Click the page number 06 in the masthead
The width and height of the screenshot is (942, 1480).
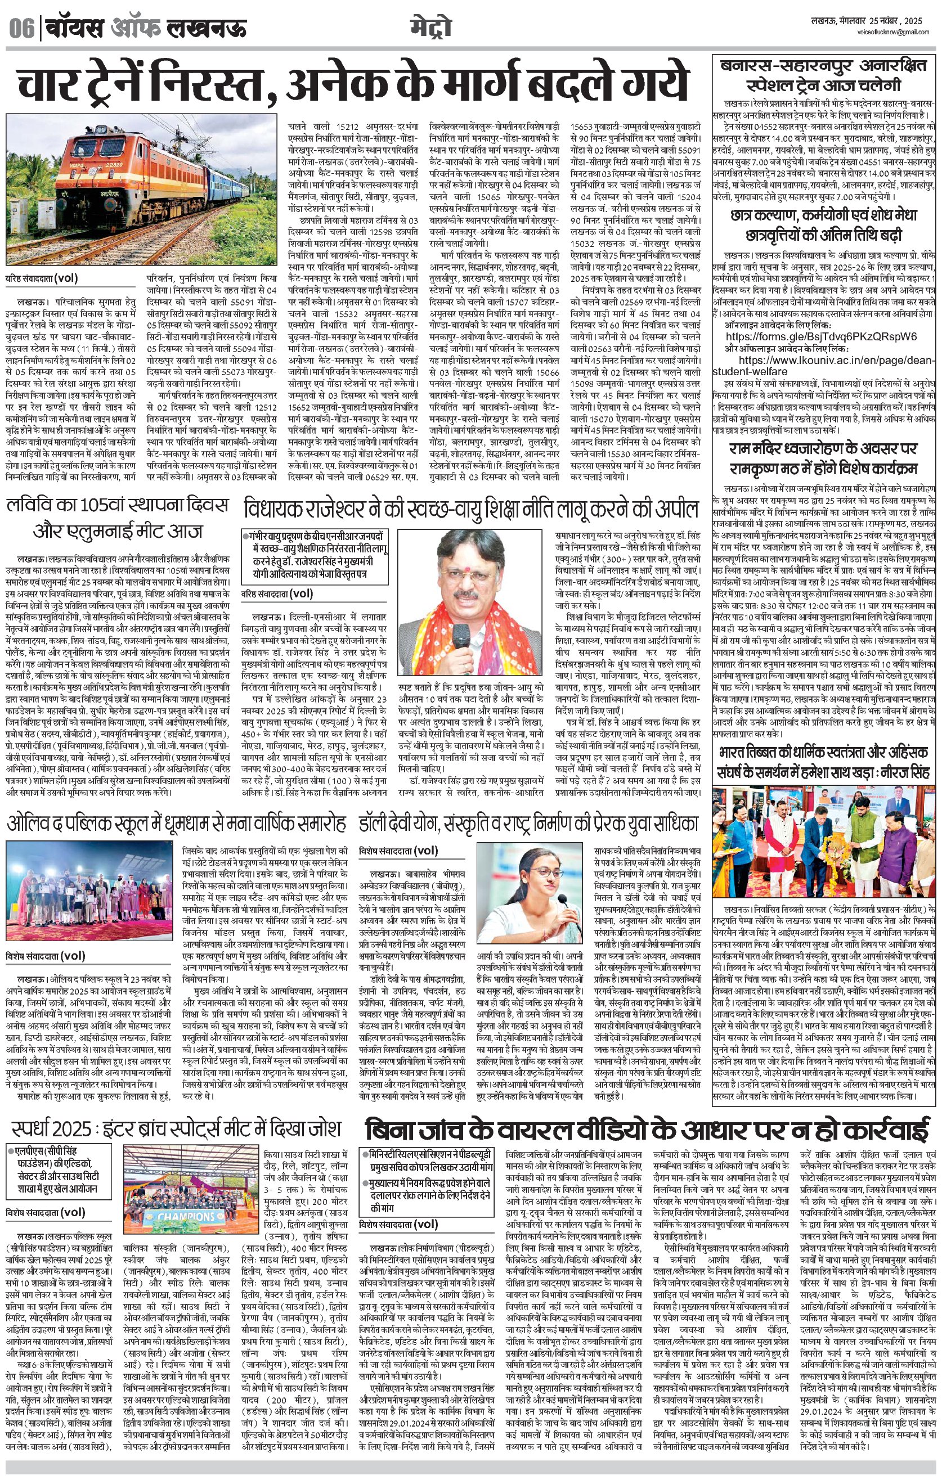21,28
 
